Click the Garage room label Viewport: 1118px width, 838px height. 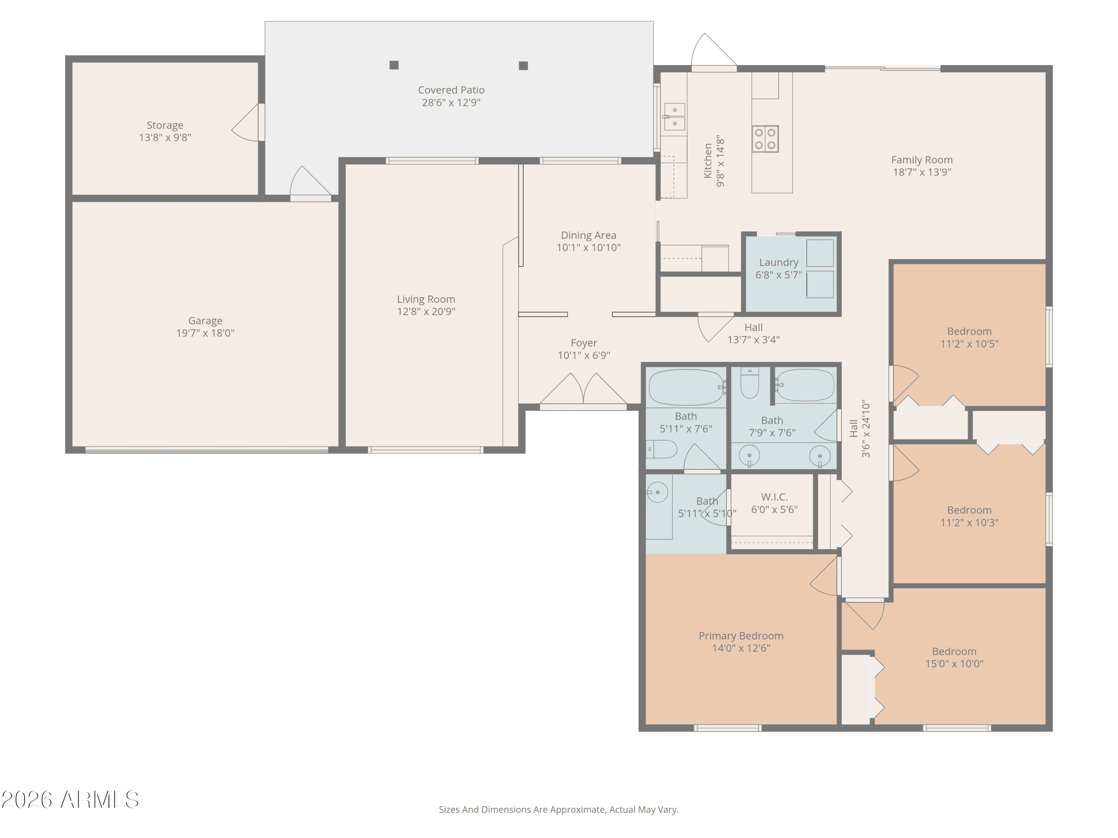(205, 321)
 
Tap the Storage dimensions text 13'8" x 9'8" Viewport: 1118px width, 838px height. (165, 137)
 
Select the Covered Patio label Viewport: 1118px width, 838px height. (451, 90)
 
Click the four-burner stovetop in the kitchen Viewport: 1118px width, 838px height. (765, 139)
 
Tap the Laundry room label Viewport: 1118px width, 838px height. (779, 263)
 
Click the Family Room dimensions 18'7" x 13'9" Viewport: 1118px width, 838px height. (922, 172)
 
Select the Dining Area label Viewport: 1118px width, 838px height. (588, 235)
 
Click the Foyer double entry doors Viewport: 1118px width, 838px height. (583, 390)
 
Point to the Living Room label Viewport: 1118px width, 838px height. (426, 299)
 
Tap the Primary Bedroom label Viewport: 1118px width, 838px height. (741, 636)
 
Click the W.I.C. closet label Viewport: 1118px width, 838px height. (774, 497)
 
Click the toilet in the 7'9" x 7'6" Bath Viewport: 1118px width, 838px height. (749, 383)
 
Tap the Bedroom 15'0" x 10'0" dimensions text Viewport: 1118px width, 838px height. (954, 664)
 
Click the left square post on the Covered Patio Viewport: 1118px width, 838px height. (394, 65)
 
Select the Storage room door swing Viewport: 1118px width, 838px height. (245, 123)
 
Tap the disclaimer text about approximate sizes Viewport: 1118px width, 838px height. (559, 810)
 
